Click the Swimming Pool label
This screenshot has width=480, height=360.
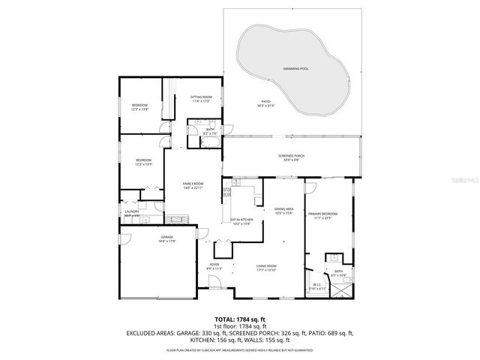click(293, 68)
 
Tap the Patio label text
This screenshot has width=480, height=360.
click(265, 102)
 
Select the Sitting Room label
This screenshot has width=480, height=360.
click(201, 97)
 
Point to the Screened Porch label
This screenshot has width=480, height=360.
click(289, 155)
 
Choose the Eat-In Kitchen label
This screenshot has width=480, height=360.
click(242, 220)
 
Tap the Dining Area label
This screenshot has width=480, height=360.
click(283, 209)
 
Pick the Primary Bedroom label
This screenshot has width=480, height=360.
click(323, 214)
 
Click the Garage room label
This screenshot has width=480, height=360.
click(166, 237)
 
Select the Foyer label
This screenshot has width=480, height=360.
click(213, 265)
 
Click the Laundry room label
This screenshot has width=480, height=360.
click(132, 211)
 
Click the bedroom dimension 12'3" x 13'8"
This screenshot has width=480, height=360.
click(140, 109)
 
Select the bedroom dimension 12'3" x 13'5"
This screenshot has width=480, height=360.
click(144, 163)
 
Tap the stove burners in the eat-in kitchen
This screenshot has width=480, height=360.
click(226, 192)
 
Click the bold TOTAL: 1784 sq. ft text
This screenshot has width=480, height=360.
click(239, 319)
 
